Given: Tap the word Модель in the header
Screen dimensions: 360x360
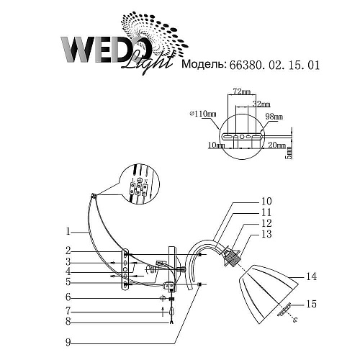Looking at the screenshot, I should [204, 65].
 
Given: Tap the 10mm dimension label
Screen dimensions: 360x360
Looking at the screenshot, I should [214, 145].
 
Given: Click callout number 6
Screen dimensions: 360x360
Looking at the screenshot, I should [66, 297].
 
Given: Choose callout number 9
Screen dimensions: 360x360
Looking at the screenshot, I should [66, 342].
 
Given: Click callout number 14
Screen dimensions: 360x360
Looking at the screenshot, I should [311, 276].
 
